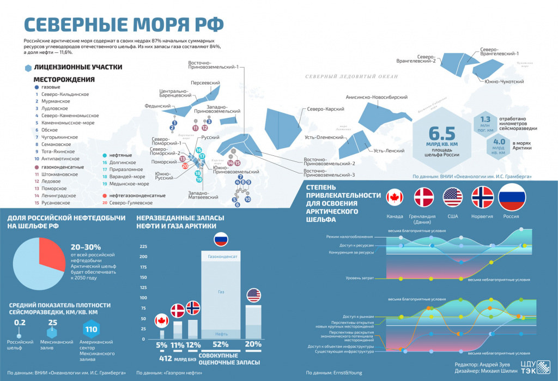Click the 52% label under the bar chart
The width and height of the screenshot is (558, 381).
pos(221,344)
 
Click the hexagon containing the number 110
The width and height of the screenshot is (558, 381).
pos(90,329)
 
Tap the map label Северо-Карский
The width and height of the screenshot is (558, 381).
pos(325,109)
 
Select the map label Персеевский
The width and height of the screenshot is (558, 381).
pos(205,82)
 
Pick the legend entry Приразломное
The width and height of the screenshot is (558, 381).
pos(126,170)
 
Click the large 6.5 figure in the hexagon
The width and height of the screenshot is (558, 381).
pos(442,133)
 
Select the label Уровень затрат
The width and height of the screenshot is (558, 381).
pos(359,279)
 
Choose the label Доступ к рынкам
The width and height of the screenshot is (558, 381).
pos(357,317)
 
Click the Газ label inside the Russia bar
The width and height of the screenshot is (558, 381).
pos(221,292)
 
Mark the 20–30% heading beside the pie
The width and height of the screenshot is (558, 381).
pos(86,247)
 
